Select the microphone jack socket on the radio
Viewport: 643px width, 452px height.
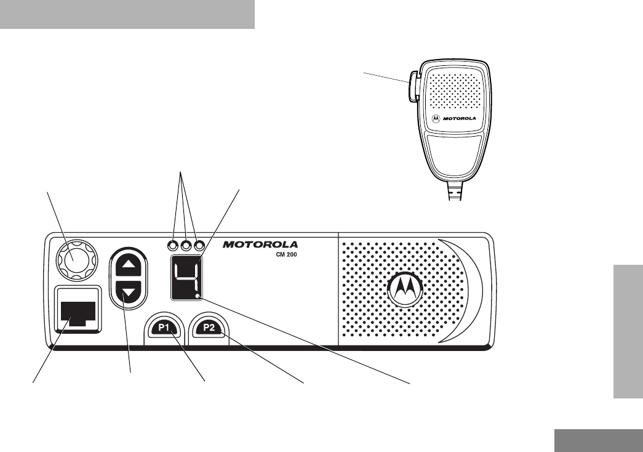(78, 310)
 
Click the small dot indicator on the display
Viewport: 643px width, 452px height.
(198, 296)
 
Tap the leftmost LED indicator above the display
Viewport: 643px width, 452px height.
(173, 245)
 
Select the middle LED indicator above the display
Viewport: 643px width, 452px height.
(186, 245)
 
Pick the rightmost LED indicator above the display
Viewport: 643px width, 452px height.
(198, 245)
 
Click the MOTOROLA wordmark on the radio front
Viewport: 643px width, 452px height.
(260, 244)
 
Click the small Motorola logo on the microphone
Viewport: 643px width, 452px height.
(436, 121)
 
